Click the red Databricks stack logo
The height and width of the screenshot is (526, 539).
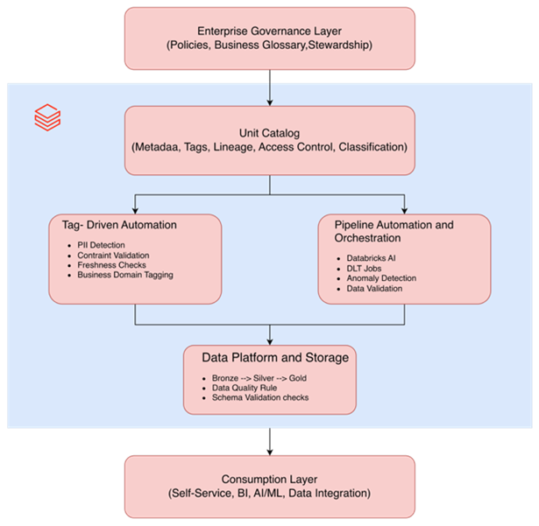pos(47,117)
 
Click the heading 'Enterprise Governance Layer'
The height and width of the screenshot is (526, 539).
pos(269,31)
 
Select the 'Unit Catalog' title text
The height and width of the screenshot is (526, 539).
pos(269,132)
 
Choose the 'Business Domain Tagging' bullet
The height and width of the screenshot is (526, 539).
pos(125,275)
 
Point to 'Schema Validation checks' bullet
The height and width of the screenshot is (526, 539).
pos(259,397)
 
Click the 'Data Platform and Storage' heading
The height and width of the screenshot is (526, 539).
pos(275,357)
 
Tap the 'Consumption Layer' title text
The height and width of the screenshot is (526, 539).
pos(269,479)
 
